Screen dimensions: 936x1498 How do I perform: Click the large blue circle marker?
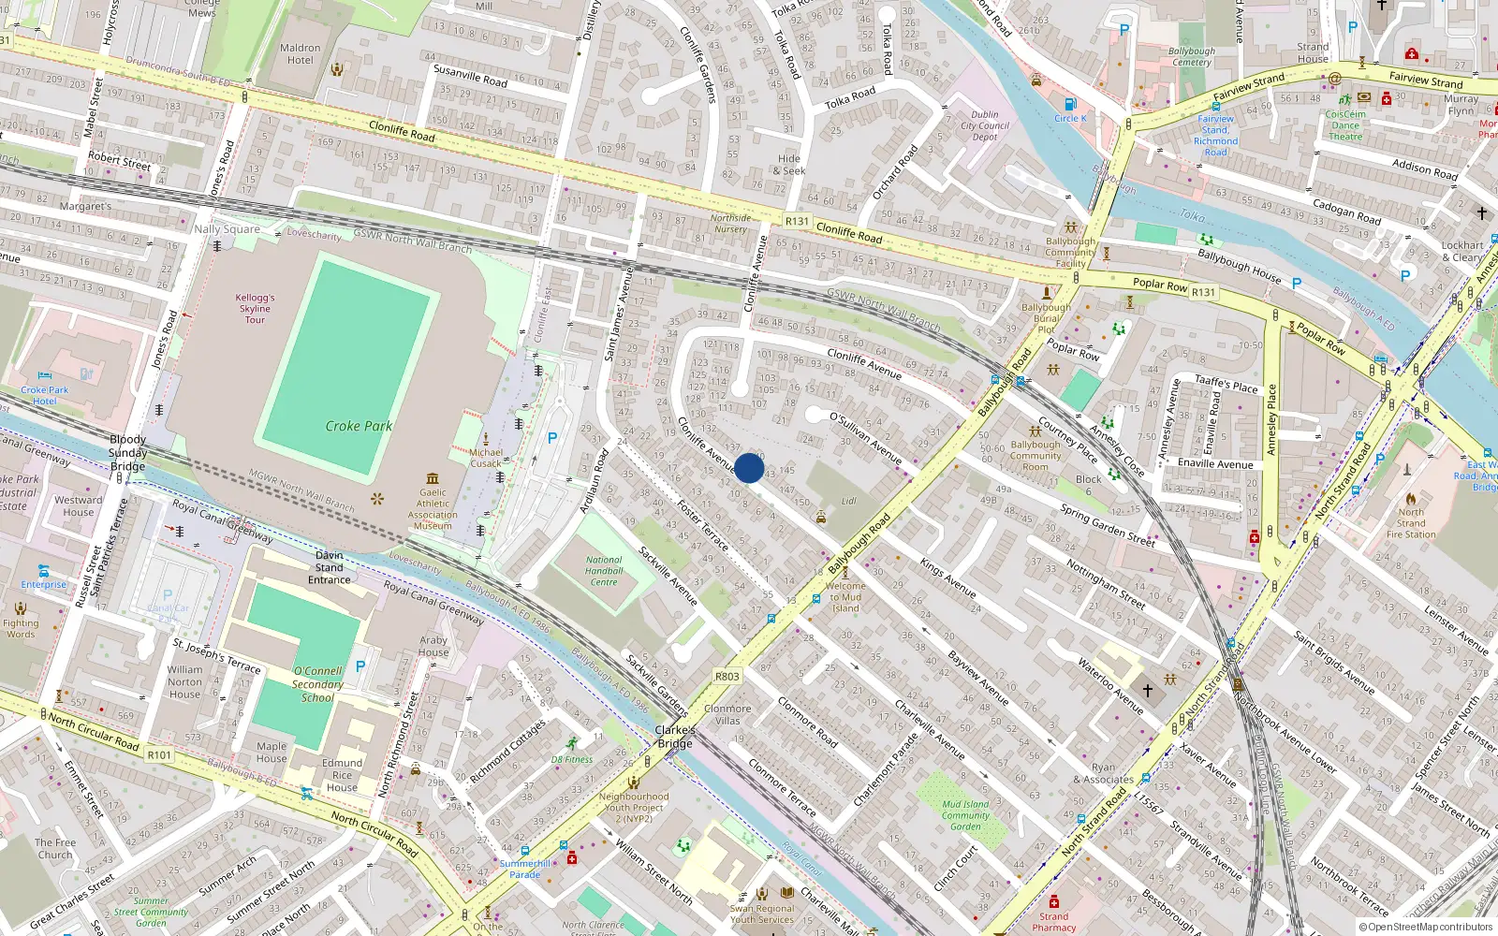(x=749, y=468)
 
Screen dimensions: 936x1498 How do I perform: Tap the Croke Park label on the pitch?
(x=359, y=426)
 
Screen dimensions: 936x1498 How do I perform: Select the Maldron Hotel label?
(x=300, y=54)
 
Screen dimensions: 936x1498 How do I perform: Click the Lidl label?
(x=848, y=502)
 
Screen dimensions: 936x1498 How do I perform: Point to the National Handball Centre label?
(x=604, y=571)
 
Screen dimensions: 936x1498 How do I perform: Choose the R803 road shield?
(x=727, y=676)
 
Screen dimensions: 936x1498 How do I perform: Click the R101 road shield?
(x=159, y=754)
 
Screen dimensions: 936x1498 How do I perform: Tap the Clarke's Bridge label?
(x=675, y=737)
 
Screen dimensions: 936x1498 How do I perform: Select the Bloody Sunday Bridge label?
(x=127, y=452)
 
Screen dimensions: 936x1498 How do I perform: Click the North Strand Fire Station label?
(x=1411, y=523)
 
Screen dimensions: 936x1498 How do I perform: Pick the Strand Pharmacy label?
(x=1053, y=922)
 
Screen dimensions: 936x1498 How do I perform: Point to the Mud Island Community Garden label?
(x=965, y=814)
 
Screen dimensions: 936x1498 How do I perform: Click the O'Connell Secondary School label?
(x=317, y=684)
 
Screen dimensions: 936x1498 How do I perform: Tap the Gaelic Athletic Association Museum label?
(x=433, y=509)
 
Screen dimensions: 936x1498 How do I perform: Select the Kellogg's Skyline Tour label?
(x=255, y=308)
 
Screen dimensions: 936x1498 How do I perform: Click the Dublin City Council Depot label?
(x=985, y=125)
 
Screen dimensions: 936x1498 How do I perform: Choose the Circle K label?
(x=1070, y=119)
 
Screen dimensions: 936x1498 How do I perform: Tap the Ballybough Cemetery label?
(x=1192, y=57)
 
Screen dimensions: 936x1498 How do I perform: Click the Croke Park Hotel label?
(x=45, y=395)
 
